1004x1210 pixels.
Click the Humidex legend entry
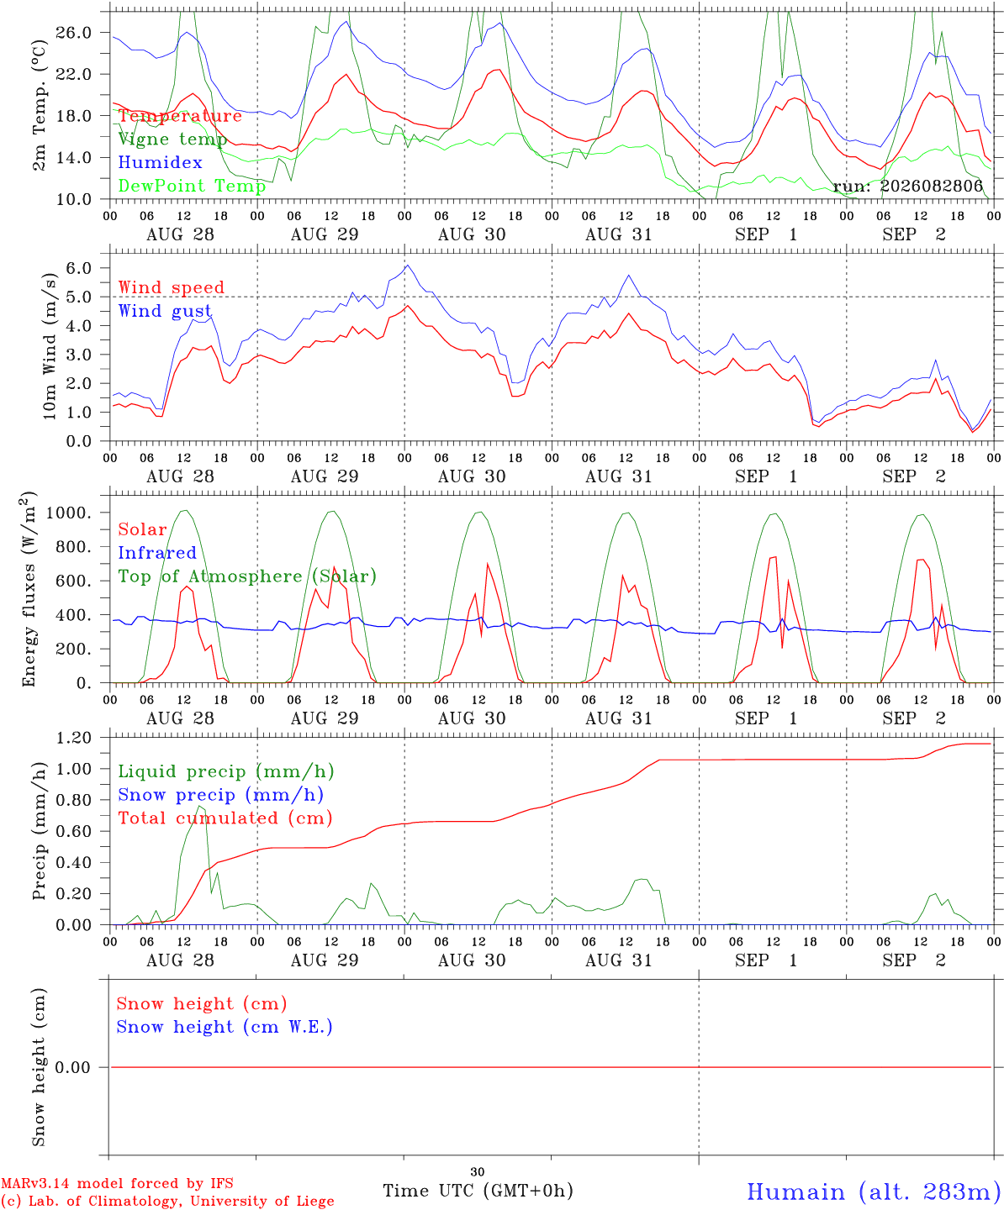click(160, 162)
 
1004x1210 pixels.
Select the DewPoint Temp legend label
click(192, 186)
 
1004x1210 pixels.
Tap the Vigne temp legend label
click(172, 139)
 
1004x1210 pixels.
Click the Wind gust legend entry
click(165, 311)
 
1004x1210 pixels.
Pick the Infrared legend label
click(157, 552)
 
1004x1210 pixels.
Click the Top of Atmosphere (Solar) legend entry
click(248, 576)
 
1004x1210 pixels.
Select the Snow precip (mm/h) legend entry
click(220, 795)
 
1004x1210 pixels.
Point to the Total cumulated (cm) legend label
click(225, 818)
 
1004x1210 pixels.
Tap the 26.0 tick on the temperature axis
click(74, 33)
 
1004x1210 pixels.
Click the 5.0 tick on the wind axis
click(79, 297)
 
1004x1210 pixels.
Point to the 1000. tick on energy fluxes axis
click(68, 513)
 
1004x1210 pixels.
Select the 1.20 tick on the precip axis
click(74, 738)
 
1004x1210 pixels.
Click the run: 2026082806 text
click(907, 186)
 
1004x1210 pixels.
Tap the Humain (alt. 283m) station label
click(875, 1191)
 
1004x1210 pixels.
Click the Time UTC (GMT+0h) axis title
click(478, 1191)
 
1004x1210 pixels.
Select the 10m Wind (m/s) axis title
click(50, 346)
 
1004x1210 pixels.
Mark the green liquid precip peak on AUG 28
click(199, 806)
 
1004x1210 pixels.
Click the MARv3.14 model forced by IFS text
click(117, 1183)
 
